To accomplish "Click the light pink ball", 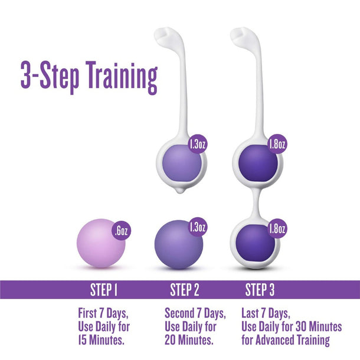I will (101, 244).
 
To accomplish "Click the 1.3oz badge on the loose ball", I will (198, 227).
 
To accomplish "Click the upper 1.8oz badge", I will (277, 143).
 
